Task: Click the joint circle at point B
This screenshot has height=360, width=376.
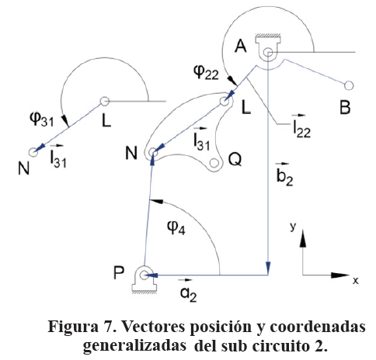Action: (x=349, y=85)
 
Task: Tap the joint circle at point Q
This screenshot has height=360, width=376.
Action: (x=214, y=163)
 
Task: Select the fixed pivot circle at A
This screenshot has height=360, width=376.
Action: (x=268, y=53)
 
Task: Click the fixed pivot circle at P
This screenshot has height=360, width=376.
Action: (x=144, y=275)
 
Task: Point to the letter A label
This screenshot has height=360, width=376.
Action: (x=241, y=47)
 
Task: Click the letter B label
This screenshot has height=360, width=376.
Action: (x=345, y=108)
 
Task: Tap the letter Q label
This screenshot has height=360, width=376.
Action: (x=235, y=160)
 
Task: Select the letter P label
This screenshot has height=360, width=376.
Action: (x=119, y=272)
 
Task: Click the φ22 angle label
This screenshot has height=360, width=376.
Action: (x=207, y=72)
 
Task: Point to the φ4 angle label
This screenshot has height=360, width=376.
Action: (x=176, y=227)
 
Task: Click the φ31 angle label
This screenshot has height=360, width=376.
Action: (x=42, y=119)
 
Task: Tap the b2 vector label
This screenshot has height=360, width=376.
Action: (x=284, y=175)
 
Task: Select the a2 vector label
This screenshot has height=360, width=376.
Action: (x=188, y=291)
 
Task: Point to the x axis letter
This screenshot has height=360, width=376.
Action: (x=356, y=281)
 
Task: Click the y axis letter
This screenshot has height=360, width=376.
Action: (x=293, y=227)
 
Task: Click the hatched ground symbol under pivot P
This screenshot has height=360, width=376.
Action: (x=144, y=289)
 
